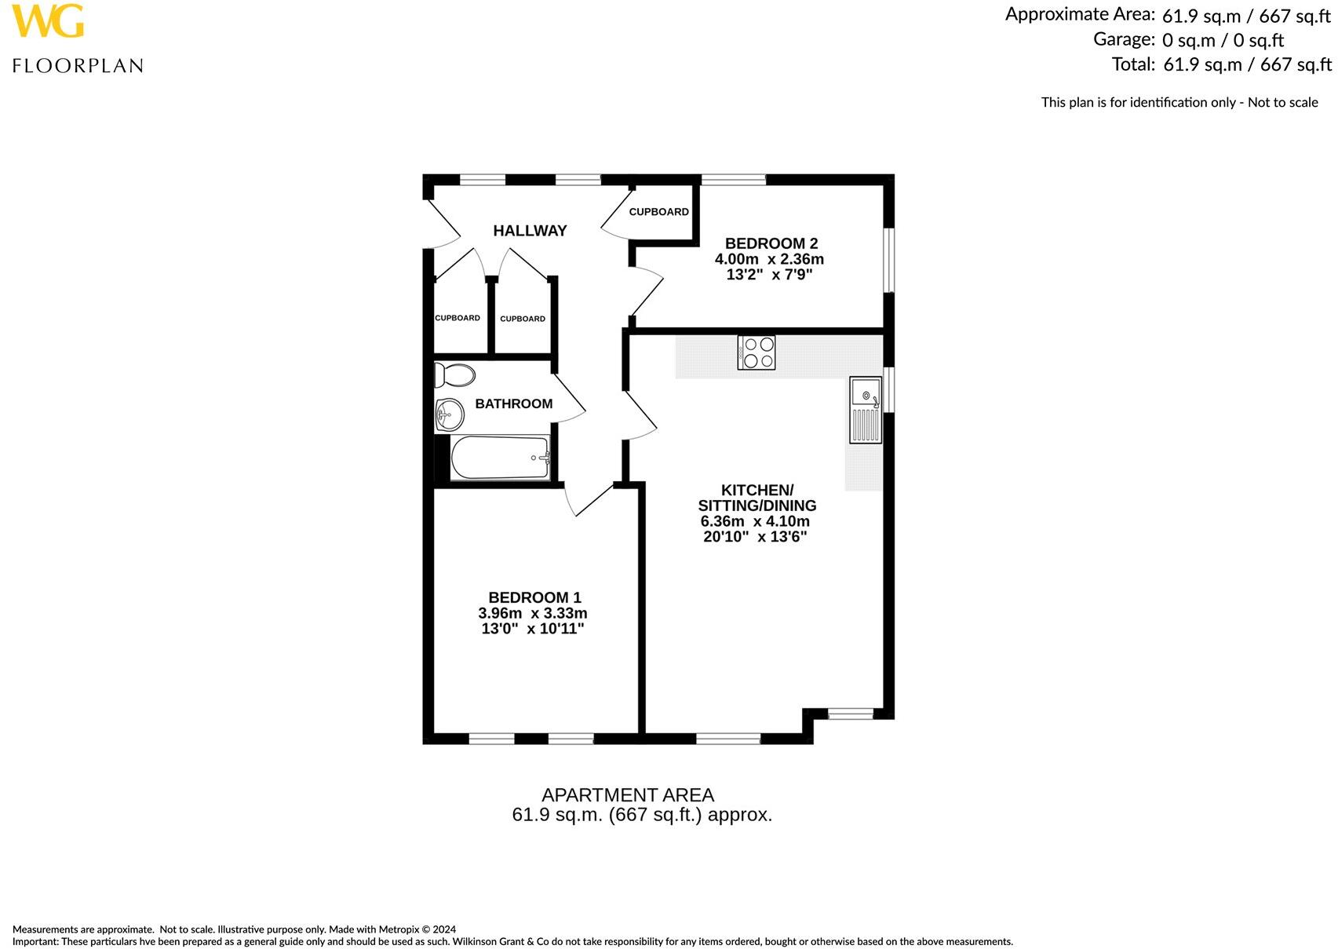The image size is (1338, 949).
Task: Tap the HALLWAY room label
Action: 530,231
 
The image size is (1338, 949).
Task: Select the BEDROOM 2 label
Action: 771,243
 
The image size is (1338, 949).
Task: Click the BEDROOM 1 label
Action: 534,597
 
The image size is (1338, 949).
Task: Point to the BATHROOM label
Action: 514,403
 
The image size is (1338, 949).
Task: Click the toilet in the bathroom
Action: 454,375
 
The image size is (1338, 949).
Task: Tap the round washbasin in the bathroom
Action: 450,412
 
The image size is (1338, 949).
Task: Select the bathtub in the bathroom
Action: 500,458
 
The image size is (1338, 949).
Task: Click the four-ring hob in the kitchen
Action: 756,352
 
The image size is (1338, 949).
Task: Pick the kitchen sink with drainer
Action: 865,410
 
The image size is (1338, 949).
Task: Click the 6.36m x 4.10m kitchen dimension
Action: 755,521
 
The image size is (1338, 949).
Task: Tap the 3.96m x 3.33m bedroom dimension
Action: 533,613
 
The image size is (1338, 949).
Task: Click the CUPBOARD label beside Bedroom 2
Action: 658,212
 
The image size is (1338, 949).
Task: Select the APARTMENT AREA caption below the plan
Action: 628,795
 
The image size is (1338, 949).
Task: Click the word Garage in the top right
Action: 1124,39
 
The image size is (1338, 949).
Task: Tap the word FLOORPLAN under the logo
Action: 78,66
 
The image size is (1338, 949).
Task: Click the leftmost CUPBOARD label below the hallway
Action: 458,318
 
